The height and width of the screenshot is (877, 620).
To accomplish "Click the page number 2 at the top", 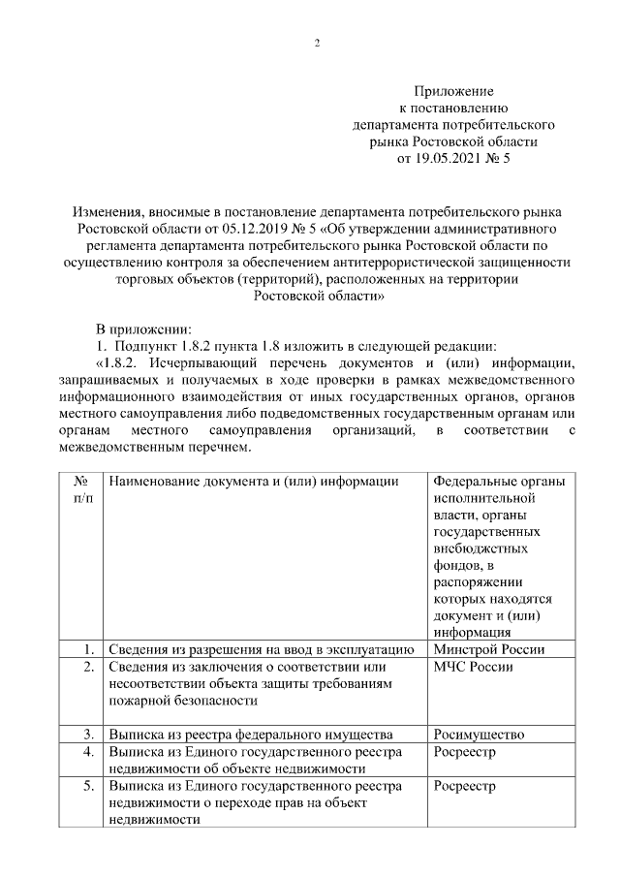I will pyautogui.click(x=317, y=43).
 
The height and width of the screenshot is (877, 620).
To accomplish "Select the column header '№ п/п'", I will pyautogui.click(x=83, y=489).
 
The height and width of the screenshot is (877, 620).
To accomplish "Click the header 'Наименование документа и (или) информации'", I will pyautogui.click(x=253, y=481).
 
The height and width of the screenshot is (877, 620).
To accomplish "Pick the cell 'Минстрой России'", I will pyautogui.click(x=488, y=649).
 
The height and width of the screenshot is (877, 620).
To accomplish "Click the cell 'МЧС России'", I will pyautogui.click(x=473, y=667).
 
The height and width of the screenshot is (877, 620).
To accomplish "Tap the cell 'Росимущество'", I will pyautogui.click(x=479, y=735).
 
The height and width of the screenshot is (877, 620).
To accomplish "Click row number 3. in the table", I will pyautogui.click(x=88, y=735).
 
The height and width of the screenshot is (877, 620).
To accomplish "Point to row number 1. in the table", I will pyautogui.click(x=88, y=649).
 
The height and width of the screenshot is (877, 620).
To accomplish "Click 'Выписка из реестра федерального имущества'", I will pyautogui.click(x=250, y=735).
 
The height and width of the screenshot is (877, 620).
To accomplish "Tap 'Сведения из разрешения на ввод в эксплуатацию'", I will pyautogui.click(x=262, y=649).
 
